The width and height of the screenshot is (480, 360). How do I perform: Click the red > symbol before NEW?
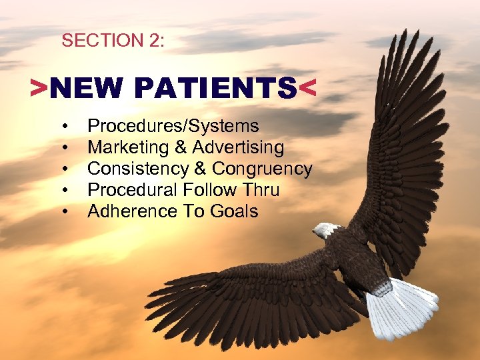[39, 88]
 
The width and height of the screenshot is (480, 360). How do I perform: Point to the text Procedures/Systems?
[173, 126]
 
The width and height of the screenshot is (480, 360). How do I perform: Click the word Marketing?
[122, 147]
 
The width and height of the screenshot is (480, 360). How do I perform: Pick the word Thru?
[261, 190]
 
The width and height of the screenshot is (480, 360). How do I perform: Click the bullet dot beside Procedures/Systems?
[66, 127]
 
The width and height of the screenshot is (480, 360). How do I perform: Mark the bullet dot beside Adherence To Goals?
[66, 212]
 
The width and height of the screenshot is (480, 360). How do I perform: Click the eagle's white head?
[326, 231]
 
